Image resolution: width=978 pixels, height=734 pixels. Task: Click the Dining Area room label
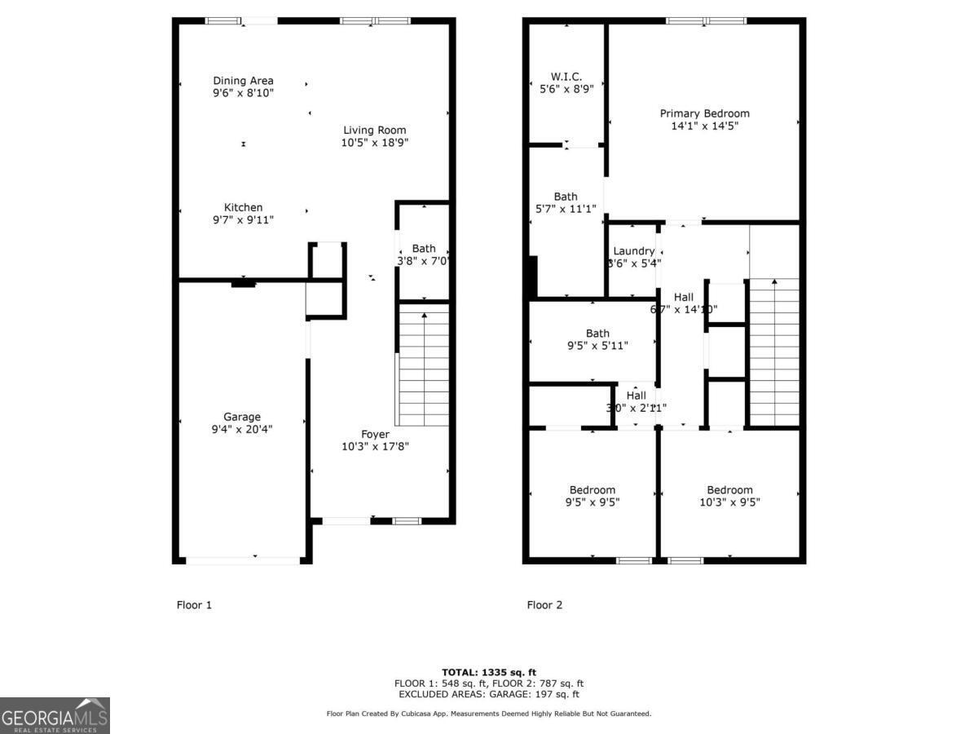[243, 81]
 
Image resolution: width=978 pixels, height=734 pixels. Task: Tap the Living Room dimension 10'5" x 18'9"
[374, 143]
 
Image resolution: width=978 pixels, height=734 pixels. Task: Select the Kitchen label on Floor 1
[243, 208]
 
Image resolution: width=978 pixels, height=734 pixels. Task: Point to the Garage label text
[242, 417]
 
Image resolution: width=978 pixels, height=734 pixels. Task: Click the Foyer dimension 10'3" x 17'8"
[375, 447]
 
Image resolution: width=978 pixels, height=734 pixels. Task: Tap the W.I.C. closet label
[566, 77]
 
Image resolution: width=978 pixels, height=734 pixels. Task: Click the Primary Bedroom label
[704, 113]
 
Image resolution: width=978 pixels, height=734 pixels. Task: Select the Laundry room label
[633, 251]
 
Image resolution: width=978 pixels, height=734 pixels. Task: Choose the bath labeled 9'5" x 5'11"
[597, 339]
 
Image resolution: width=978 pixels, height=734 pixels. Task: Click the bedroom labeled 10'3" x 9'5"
[729, 497]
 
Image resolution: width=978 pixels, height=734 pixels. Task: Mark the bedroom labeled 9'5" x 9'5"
[593, 497]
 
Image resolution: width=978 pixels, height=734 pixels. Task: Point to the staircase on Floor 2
[773, 351]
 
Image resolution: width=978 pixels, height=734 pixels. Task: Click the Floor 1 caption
[194, 605]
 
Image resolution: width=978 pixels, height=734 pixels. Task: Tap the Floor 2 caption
[544, 605]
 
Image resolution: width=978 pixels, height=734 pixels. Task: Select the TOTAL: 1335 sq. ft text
[489, 672]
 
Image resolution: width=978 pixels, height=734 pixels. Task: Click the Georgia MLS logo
[55, 715]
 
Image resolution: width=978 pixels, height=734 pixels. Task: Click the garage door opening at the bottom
[243, 560]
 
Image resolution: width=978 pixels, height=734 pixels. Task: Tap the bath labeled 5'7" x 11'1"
[566, 203]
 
